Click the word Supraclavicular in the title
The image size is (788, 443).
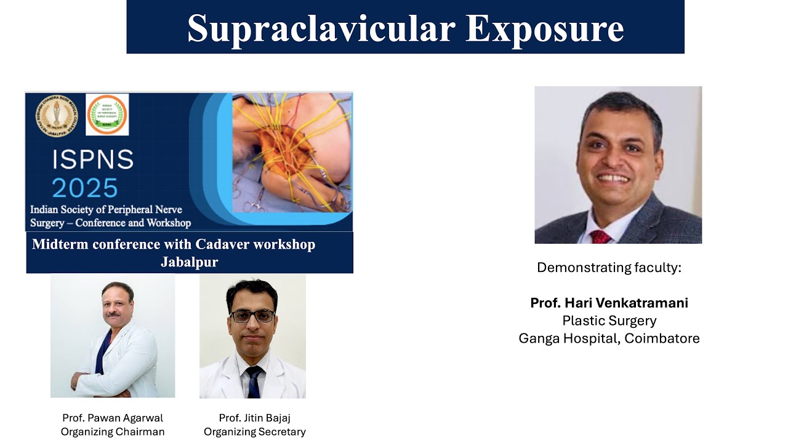point(321,28)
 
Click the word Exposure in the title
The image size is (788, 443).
point(544,28)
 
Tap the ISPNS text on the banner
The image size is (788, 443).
point(93,160)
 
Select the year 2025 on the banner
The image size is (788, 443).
point(85,188)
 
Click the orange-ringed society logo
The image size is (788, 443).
point(107,114)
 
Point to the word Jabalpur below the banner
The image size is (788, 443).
point(189,261)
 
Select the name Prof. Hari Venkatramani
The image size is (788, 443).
point(609,303)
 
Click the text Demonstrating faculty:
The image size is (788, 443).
point(609,268)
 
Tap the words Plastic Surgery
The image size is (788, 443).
point(609,321)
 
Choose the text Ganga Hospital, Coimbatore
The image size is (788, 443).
point(609,338)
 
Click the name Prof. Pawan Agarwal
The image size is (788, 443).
point(113,418)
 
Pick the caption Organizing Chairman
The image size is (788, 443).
point(113,432)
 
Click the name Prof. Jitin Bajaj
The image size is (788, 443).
point(254,418)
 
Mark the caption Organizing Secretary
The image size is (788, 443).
point(254,432)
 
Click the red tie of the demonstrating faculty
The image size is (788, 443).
point(600,237)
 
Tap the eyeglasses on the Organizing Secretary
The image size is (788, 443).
point(252,316)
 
